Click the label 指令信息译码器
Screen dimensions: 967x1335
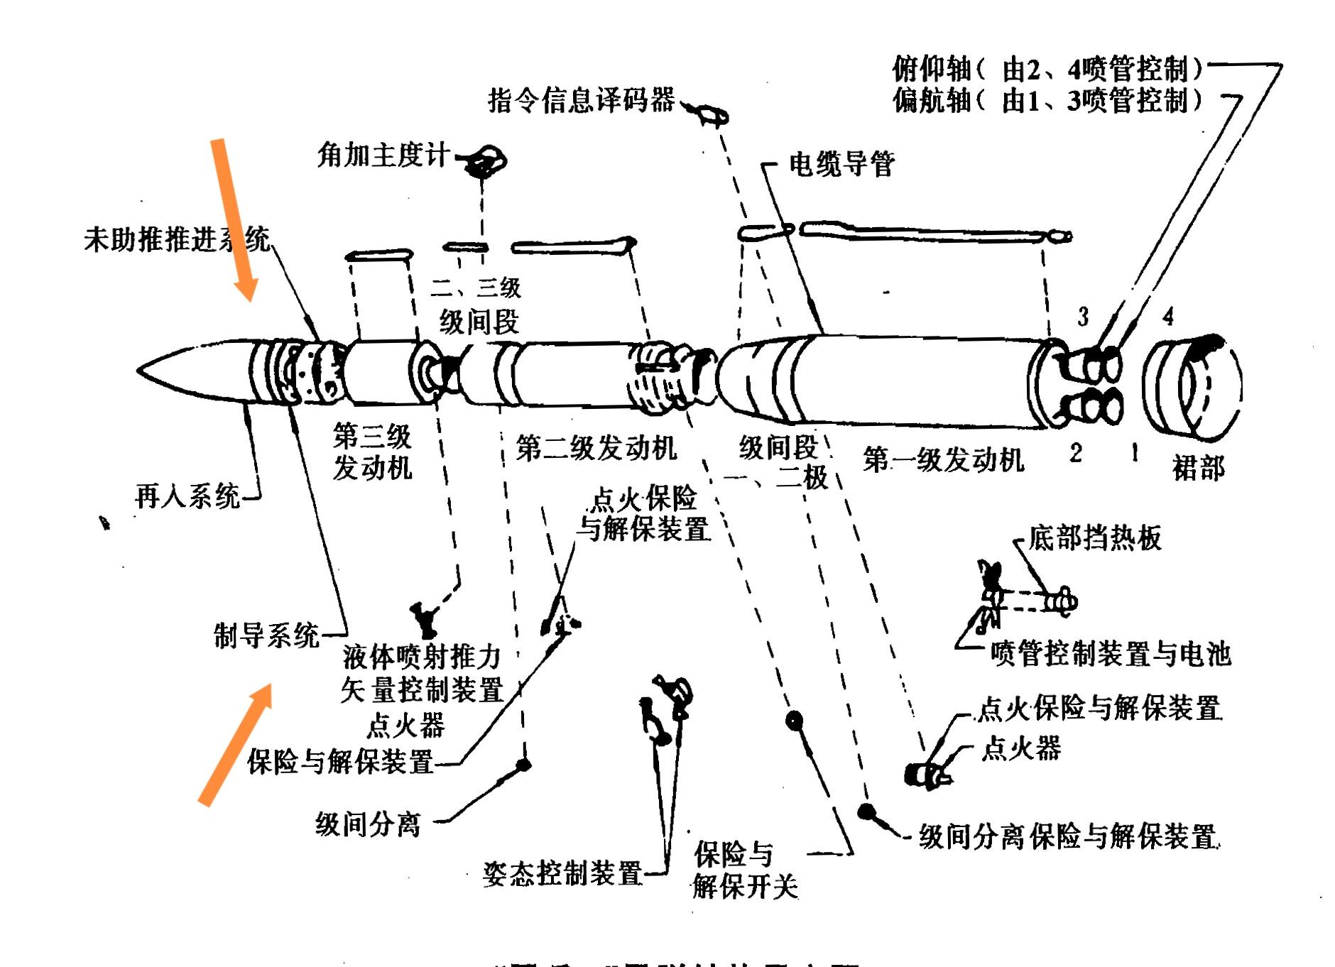pyautogui.click(x=581, y=100)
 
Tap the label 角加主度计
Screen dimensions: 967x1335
pyautogui.click(x=383, y=154)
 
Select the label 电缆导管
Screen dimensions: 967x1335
pyautogui.click(x=841, y=164)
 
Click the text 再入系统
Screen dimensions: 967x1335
pyautogui.click(x=187, y=496)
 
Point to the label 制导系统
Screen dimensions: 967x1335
pyautogui.click(x=267, y=634)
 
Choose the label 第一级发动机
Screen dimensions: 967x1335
pyautogui.click(x=944, y=460)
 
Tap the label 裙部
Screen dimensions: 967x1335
pyautogui.click(x=1199, y=468)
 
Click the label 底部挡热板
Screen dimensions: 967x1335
pyautogui.click(x=1094, y=538)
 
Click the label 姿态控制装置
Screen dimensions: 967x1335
pyautogui.click(x=562, y=873)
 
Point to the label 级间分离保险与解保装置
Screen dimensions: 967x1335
pyautogui.click(x=1068, y=836)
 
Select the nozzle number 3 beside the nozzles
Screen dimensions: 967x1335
pyautogui.click(x=1082, y=317)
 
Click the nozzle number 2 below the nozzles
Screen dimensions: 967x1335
pyautogui.click(x=1076, y=452)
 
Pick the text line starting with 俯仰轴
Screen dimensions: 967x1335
pyautogui.click(x=1048, y=69)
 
